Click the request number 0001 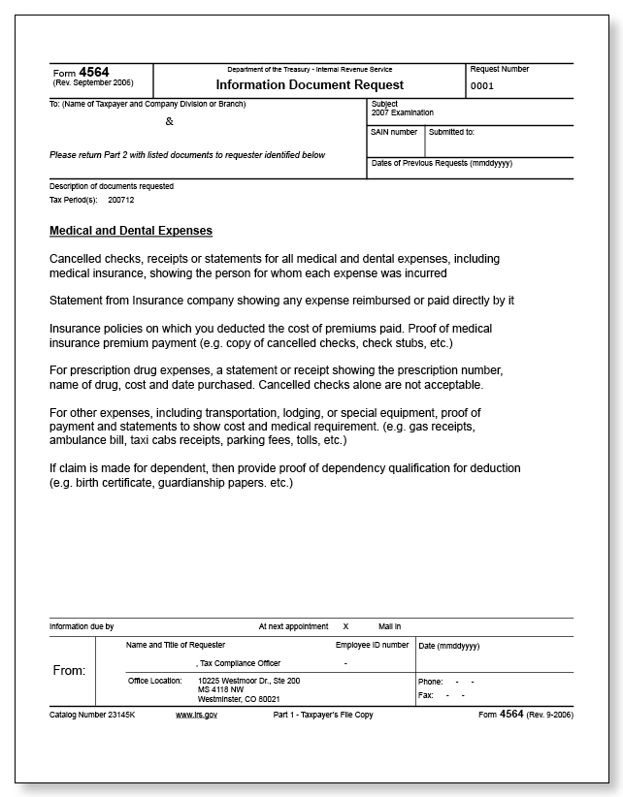482,86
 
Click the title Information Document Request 308,84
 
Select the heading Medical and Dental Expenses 130,231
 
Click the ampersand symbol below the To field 170,122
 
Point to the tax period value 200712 121,200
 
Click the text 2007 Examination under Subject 402,112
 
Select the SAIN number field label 394,132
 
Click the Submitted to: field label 451,132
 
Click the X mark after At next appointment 345,626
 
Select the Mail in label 389,626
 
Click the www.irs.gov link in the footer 196,714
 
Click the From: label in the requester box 68,670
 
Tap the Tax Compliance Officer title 239,663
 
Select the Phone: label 430,682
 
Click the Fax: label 425,695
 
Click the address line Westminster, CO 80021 239,698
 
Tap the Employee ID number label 372,645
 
